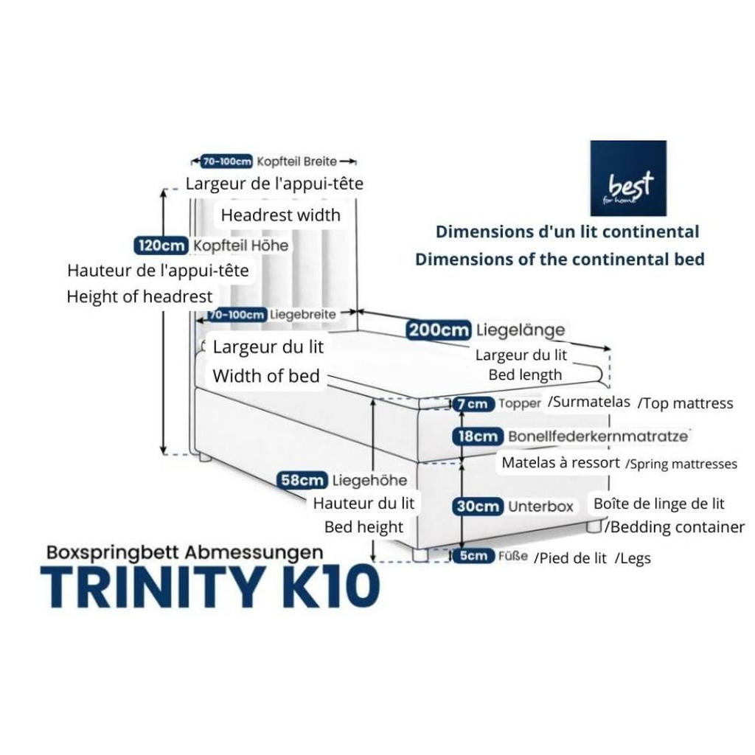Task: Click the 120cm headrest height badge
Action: (x=161, y=245)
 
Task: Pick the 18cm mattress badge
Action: (x=478, y=436)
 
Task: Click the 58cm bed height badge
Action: (x=302, y=481)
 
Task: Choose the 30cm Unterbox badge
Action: (x=478, y=507)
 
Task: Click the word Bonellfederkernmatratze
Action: (x=598, y=436)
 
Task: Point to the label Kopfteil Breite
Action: (x=296, y=161)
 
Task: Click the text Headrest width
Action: (x=281, y=215)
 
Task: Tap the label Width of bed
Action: (x=266, y=376)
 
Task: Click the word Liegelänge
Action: (x=520, y=330)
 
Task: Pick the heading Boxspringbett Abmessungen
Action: (x=184, y=552)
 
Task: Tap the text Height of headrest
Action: (x=139, y=297)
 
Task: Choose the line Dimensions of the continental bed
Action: (x=560, y=260)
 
